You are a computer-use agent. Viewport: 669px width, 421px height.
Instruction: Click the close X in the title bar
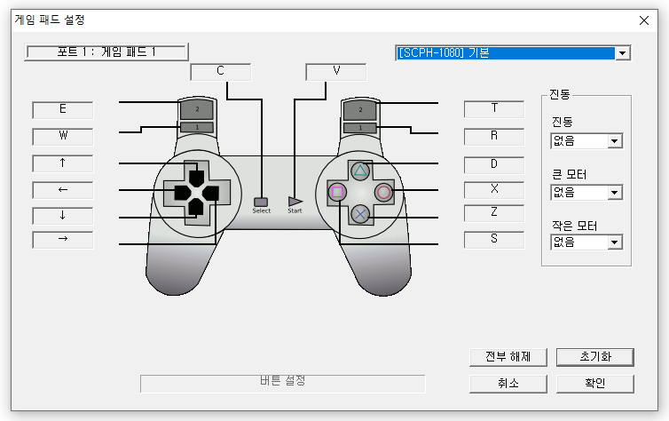(x=644, y=20)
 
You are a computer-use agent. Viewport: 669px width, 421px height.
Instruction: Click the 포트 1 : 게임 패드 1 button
(x=106, y=52)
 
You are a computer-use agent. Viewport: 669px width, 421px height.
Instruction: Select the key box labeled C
(x=221, y=72)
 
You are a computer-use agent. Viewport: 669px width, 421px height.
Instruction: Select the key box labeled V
(x=335, y=72)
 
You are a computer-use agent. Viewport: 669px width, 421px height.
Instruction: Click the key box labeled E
(x=63, y=110)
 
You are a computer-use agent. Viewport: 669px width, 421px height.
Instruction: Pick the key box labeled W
(x=63, y=137)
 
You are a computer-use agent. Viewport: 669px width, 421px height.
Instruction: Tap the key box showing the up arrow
(x=63, y=163)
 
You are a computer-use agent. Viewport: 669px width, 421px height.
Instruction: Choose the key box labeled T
(x=494, y=108)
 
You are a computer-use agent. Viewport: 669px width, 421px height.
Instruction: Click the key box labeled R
(x=494, y=136)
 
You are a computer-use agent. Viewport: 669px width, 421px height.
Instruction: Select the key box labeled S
(x=494, y=239)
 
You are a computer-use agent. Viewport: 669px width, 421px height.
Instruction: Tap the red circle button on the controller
(x=382, y=191)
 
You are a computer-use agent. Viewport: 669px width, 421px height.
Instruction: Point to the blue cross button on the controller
(x=360, y=213)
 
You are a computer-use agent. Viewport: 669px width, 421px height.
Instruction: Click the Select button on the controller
(x=261, y=202)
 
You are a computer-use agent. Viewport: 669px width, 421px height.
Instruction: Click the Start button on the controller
(x=295, y=202)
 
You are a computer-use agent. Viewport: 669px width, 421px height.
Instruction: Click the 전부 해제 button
(x=508, y=356)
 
